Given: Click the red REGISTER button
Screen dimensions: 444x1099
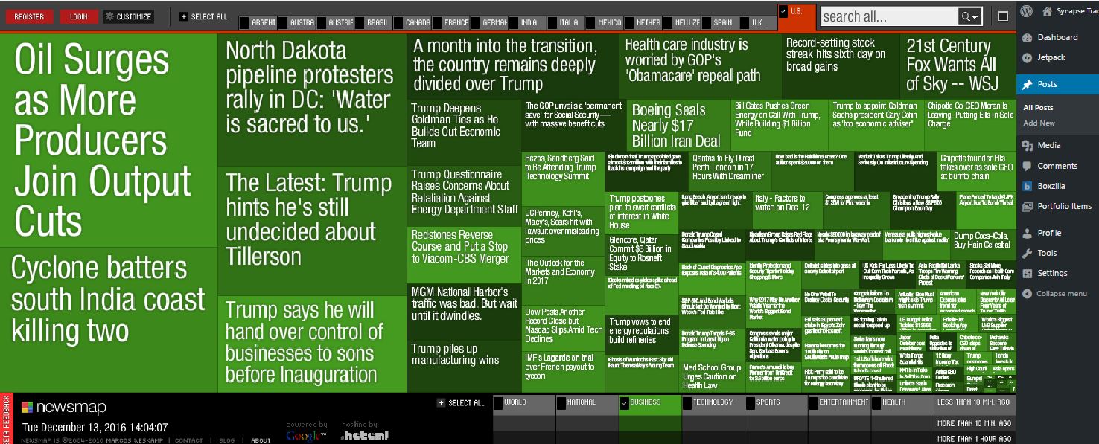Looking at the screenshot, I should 29,16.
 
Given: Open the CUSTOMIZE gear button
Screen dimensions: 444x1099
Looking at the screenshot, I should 128,16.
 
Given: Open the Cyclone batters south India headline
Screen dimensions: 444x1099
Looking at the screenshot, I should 108,299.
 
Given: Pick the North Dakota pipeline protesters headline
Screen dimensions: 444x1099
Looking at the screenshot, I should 310,88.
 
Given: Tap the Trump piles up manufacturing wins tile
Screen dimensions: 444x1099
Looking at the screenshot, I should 454,354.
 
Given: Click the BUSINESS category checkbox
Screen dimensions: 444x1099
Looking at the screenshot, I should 624,403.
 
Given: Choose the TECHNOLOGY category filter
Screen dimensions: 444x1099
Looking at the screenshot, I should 713,402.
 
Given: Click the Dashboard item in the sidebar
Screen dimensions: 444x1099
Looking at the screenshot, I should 1057,37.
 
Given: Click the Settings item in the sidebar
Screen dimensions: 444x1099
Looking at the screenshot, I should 1052,273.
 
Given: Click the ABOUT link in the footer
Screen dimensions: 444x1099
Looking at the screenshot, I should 261,440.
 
